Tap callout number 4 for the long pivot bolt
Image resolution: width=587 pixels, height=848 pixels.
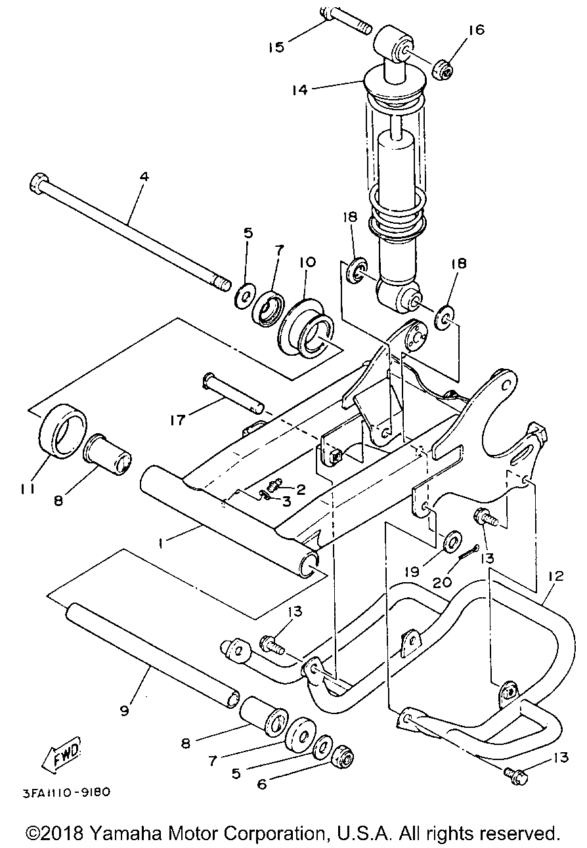point(144,177)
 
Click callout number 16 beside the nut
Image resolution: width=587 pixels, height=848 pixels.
point(477,30)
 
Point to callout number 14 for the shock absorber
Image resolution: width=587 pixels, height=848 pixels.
point(300,90)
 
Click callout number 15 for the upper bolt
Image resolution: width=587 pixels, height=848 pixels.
point(276,47)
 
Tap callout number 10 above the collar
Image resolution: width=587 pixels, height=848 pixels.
point(307,262)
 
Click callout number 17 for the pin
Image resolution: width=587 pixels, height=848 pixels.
point(177,420)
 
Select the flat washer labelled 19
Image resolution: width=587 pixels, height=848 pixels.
point(452,540)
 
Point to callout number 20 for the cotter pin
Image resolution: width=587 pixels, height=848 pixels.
point(443,582)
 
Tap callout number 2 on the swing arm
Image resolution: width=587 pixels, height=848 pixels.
point(300,490)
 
